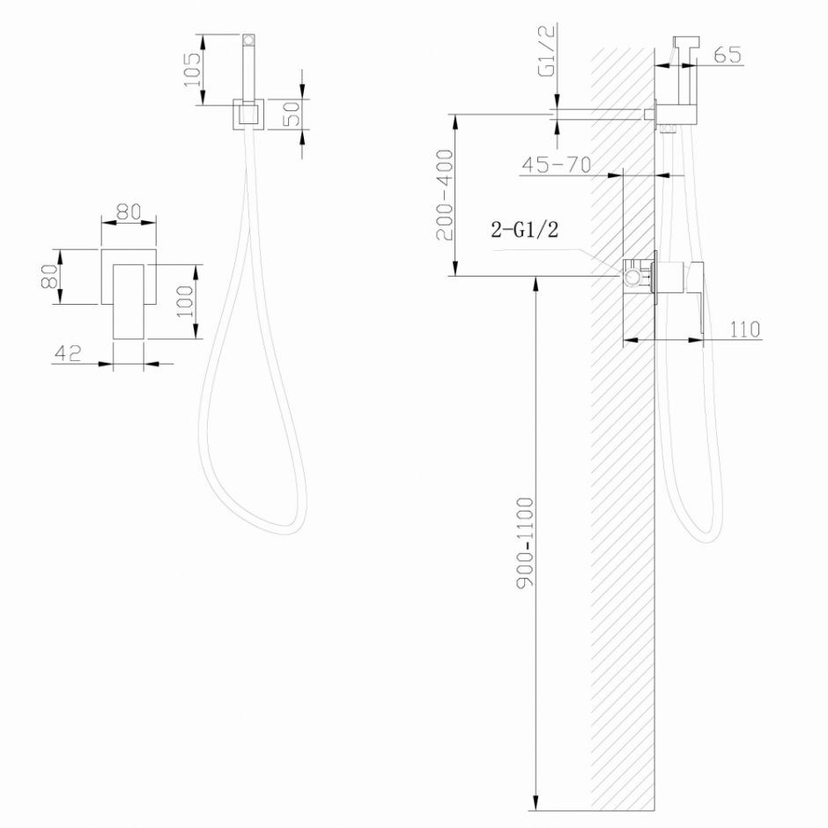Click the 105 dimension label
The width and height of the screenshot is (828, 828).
[x=191, y=70]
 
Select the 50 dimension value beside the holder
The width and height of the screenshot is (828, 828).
[x=293, y=113]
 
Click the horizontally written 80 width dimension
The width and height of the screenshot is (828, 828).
[x=129, y=211]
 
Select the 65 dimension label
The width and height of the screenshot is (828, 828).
[x=727, y=55]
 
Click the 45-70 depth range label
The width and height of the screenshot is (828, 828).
[x=556, y=165]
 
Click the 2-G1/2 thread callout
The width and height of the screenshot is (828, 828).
[x=525, y=232]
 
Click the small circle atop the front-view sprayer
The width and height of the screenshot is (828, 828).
[x=249, y=40]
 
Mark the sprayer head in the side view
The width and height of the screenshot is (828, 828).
[x=685, y=45]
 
